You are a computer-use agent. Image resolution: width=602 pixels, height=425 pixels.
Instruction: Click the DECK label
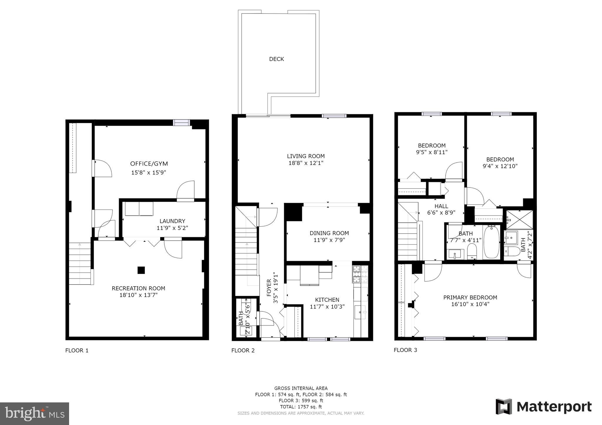coord(276,59)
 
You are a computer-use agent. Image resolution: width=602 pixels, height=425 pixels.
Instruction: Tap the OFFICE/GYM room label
coord(149,164)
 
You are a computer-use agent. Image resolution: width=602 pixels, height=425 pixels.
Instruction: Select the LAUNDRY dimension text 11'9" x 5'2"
coord(172,228)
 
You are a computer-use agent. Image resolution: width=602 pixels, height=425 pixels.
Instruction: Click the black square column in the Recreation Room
coord(141,270)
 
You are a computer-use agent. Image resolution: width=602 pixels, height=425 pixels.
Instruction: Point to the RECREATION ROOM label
coord(138,289)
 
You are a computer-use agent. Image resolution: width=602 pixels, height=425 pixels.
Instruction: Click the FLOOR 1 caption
coord(77,350)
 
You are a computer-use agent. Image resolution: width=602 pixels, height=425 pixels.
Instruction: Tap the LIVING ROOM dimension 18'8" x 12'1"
coord(306,163)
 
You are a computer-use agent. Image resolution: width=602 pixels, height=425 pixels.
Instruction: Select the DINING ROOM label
coord(329,233)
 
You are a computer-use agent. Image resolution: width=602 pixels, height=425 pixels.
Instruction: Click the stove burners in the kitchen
coord(360,274)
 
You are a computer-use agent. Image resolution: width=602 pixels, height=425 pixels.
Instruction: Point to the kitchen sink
coord(360,312)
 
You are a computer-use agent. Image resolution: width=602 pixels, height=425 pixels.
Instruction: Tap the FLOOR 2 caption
coord(243,350)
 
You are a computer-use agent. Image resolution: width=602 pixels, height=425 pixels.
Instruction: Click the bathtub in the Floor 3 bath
coord(491,242)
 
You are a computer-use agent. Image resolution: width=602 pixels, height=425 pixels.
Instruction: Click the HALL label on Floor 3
coord(441,206)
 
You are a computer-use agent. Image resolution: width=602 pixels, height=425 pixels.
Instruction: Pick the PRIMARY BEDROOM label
coord(470,297)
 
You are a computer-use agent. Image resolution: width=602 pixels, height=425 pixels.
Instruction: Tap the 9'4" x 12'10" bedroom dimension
coord(500,166)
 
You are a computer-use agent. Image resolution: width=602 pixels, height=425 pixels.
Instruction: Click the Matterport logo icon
coord(504,407)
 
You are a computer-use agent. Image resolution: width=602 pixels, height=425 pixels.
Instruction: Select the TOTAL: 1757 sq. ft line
coord(301,407)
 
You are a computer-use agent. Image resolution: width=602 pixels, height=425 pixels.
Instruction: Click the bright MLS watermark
coord(34,414)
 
